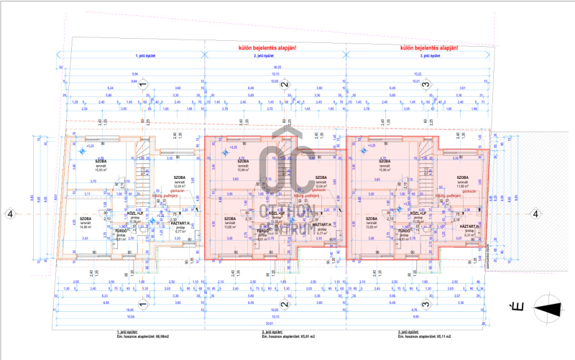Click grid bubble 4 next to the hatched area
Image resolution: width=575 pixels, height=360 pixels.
(x=535, y=213)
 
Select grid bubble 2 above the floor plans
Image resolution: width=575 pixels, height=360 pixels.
(x=285, y=85)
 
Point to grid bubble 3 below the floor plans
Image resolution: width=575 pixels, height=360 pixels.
(x=425, y=305)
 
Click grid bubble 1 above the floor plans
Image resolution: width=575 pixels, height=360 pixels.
(x=142, y=85)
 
